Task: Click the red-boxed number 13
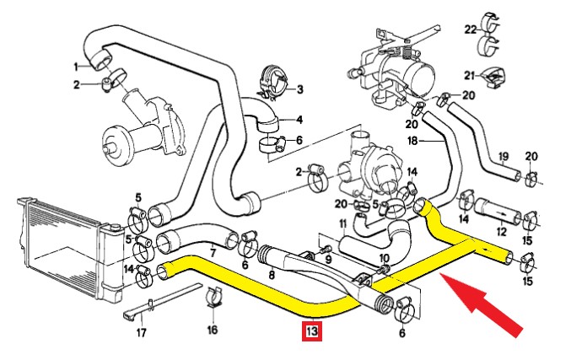[313, 332]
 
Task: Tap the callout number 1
[75, 66]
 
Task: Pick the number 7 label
[213, 252]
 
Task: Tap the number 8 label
[272, 273]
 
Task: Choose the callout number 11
[342, 223]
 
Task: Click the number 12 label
[503, 230]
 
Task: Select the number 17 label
[141, 332]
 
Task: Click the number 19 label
[503, 156]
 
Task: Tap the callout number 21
[470, 73]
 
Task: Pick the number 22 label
[470, 30]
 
